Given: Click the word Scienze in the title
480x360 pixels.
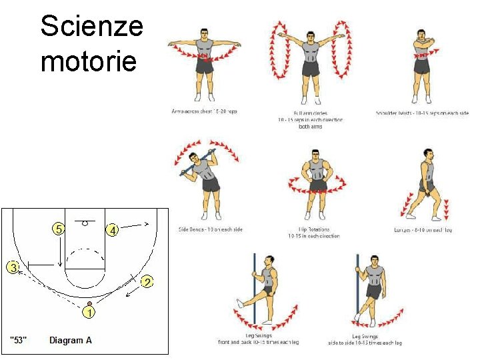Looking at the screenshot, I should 91,27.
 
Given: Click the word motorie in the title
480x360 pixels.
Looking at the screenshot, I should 88,61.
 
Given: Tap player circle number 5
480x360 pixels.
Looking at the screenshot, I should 59,229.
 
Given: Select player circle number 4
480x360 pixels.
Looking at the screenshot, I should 113,231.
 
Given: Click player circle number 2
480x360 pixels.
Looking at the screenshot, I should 147,282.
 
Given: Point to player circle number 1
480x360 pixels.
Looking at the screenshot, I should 88,313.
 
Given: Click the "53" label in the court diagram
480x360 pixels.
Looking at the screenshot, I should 19,341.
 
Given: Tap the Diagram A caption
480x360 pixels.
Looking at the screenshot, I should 71,341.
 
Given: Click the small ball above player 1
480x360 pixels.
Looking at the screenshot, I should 89,303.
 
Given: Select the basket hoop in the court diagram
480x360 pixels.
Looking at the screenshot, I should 85,223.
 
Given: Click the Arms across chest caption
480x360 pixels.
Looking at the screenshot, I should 203,111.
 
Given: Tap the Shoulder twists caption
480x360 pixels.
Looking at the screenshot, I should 422,113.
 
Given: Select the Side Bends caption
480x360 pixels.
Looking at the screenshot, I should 211,230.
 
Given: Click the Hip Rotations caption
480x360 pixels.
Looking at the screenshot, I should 309,233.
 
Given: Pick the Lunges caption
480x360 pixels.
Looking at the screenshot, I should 423,230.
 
